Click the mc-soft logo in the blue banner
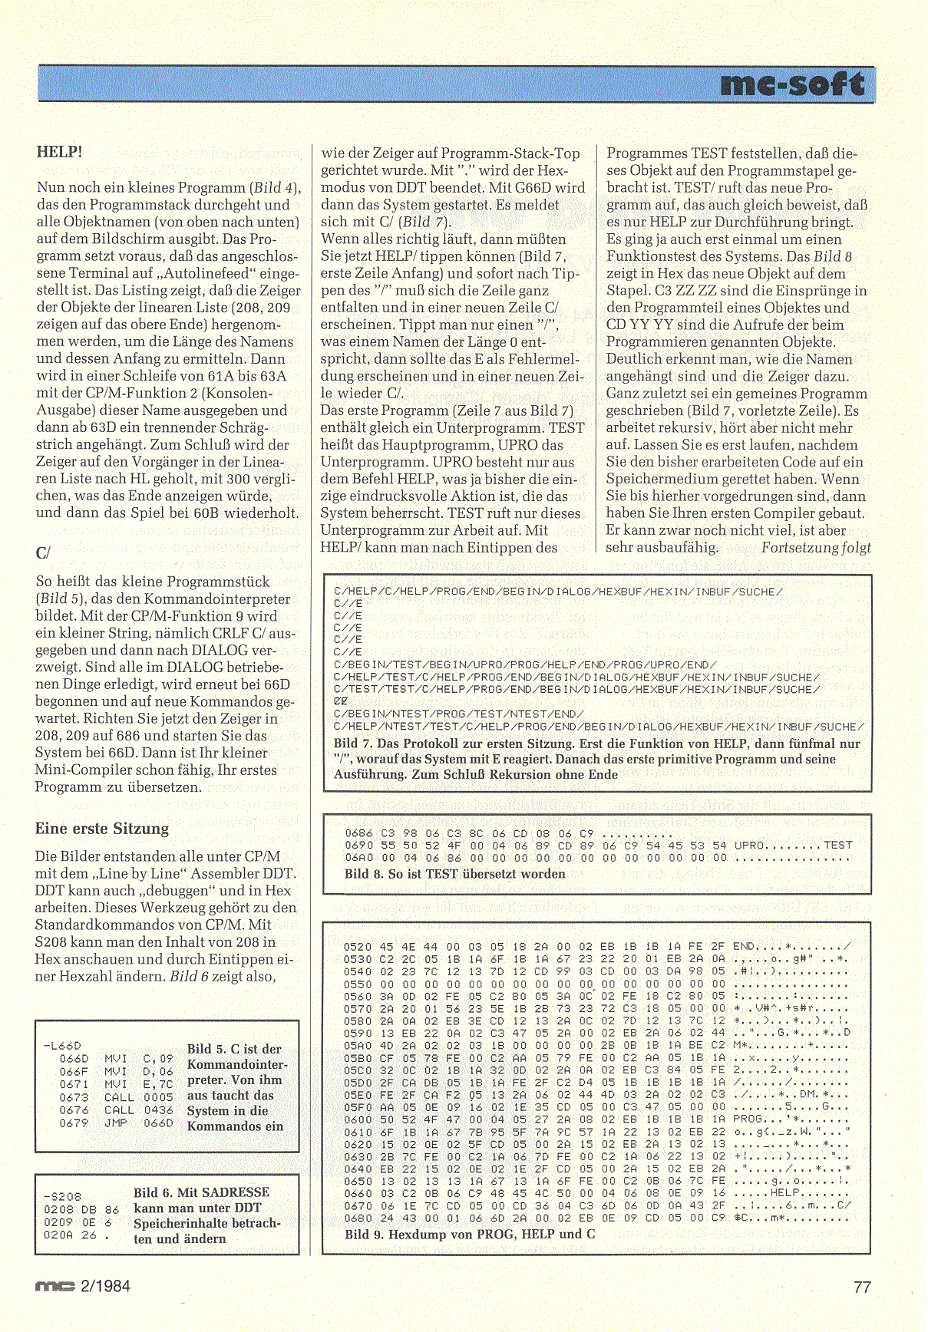pyautogui.click(x=793, y=84)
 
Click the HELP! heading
pyautogui.click(x=59, y=152)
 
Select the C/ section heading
pyautogui.click(x=43, y=552)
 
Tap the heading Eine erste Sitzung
pyautogui.click(x=101, y=829)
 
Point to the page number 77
pyautogui.click(x=862, y=1287)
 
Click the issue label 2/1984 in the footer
pyautogui.click(x=105, y=1286)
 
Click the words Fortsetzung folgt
pyautogui.click(x=816, y=547)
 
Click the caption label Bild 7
pyautogui.click(x=354, y=743)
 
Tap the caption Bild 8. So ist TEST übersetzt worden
pyautogui.click(x=454, y=873)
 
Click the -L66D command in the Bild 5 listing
pyautogui.click(x=62, y=1045)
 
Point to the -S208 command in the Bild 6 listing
pyautogui.click(x=62, y=1196)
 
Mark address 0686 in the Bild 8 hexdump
pyautogui.click(x=359, y=832)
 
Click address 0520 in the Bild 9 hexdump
pyautogui.click(x=358, y=946)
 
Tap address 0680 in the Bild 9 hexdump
pyautogui.click(x=358, y=1218)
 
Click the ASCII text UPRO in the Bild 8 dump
pyautogui.click(x=749, y=845)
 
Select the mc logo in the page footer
pyautogui.click(x=54, y=1287)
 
